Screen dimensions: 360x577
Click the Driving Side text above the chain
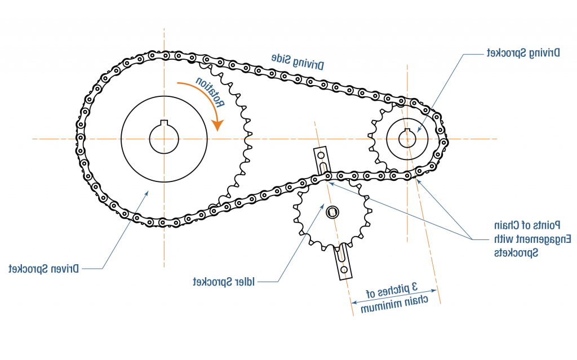pyautogui.click(x=298, y=62)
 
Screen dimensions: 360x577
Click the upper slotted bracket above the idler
pyautogui.click(x=322, y=159)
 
